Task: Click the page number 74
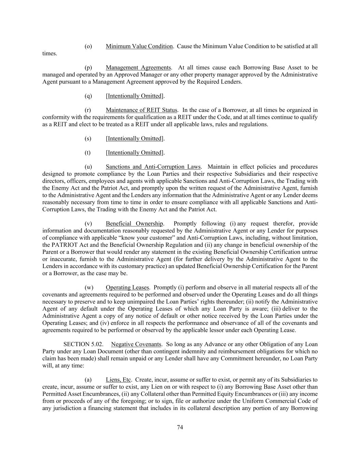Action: [180, 427]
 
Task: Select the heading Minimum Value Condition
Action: [139, 46]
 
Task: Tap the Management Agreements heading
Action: [138, 68]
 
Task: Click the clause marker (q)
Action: [88, 96]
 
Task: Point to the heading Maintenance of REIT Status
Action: [141, 110]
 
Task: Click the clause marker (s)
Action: [88, 139]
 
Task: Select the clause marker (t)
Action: [88, 153]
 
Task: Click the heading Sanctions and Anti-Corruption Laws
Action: [153, 167]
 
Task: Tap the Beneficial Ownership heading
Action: [134, 224]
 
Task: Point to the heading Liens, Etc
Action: [118, 380]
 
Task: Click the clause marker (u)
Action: [88, 167]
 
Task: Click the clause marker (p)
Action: [88, 68]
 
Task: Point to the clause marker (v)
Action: [88, 224]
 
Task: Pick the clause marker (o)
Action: [88, 46]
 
